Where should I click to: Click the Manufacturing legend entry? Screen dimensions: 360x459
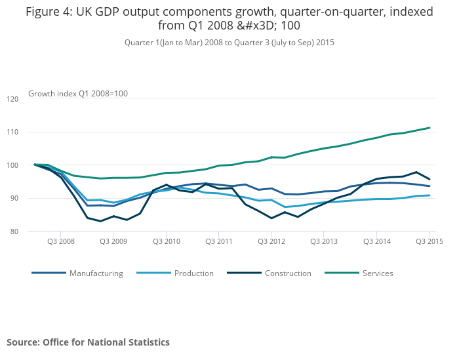pyautogui.click(x=96, y=273)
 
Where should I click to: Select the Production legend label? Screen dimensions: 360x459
pyautogui.click(x=194, y=273)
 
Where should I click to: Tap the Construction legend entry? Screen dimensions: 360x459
pyautogui.click(x=288, y=273)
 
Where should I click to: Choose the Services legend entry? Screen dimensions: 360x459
pyautogui.click(x=378, y=273)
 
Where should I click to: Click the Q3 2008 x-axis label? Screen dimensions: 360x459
pyautogui.click(x=60, y=241)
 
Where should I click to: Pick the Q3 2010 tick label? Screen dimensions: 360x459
pyautogui.click(x=166, y=241)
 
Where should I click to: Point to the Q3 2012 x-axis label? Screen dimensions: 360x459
pyautogui.click(x=271, y=241)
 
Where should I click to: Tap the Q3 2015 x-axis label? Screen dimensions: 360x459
pyautogui.click(x=429, y=241)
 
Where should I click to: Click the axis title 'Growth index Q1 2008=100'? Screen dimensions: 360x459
pyautogui.click(x=78, y=94)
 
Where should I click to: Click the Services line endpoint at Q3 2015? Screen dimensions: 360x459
pyautogui.click(x=429, y=128)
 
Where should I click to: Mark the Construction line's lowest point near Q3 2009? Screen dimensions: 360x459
pyautogui.click(x=100, y=221)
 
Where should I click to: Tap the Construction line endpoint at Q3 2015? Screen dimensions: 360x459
pyautogui.click(x=429, y=179)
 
